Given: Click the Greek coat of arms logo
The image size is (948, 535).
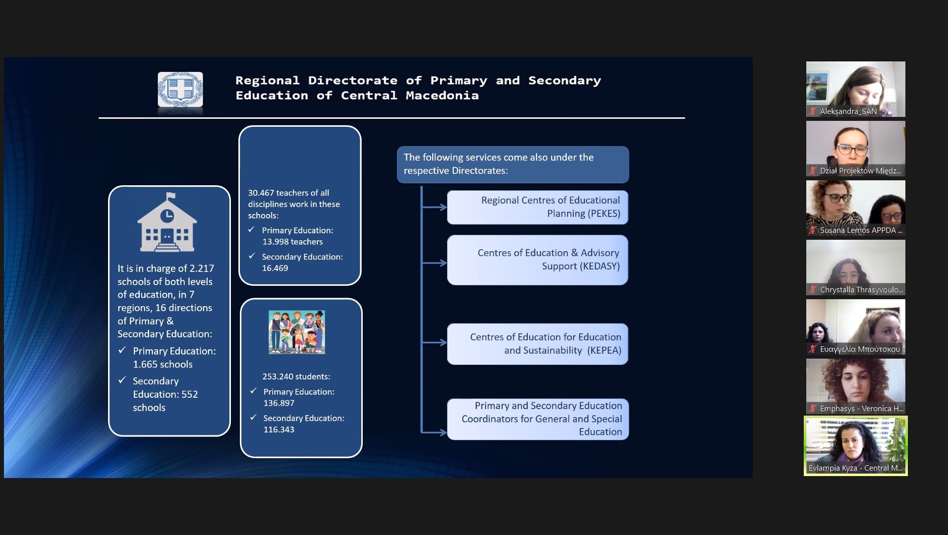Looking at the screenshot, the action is (x=180, y=89).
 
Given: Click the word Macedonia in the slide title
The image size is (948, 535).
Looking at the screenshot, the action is (x=442, y=96).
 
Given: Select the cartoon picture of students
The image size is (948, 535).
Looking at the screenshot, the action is (x=297, y=332).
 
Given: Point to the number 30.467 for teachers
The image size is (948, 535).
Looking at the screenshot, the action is (x=261, y=193).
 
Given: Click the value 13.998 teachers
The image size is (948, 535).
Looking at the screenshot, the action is (x=292, y=242).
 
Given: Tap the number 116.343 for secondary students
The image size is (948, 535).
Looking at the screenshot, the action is (x=279, y=429).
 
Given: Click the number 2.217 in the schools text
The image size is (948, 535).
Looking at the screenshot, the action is (x=202, y=268).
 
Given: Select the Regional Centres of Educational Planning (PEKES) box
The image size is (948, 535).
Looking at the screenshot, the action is (x=538, y=207).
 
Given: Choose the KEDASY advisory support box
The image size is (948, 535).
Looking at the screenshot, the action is (x=538, y=260).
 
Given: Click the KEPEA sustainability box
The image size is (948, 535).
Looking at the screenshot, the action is (x=538, y=344).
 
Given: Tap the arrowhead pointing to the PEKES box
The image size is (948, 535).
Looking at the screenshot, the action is (x=442, y=207).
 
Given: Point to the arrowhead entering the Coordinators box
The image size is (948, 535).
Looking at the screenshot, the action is (x=442, y=432).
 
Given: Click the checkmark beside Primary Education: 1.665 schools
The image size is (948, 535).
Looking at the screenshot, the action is (x=122, y=350).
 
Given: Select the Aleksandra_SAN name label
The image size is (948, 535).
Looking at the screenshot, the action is (x=848, y=111).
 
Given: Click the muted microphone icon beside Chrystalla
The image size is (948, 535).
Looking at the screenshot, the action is (x=813, y=290).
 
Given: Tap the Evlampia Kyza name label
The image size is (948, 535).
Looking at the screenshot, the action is (x=855, y=468).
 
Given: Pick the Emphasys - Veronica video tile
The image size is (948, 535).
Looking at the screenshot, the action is (x=856, y=386).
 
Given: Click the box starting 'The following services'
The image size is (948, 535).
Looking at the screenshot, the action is (x=513, y=164).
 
